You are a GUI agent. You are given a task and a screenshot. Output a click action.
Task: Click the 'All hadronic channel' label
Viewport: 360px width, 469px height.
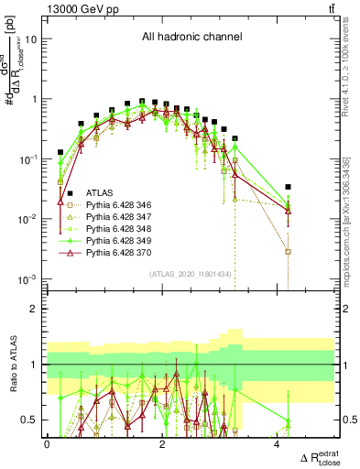click(x=191, y=38)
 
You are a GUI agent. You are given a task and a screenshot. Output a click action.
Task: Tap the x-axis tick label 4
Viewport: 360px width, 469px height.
click(x=278, y=444)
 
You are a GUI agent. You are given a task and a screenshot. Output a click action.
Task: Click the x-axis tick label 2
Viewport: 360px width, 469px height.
click(x=162, y=444)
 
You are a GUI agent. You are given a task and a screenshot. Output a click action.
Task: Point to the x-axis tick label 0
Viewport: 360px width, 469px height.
click(x=48, y=444)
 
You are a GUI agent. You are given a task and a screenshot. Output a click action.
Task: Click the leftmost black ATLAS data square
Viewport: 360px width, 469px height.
click(x=60, y=152)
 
